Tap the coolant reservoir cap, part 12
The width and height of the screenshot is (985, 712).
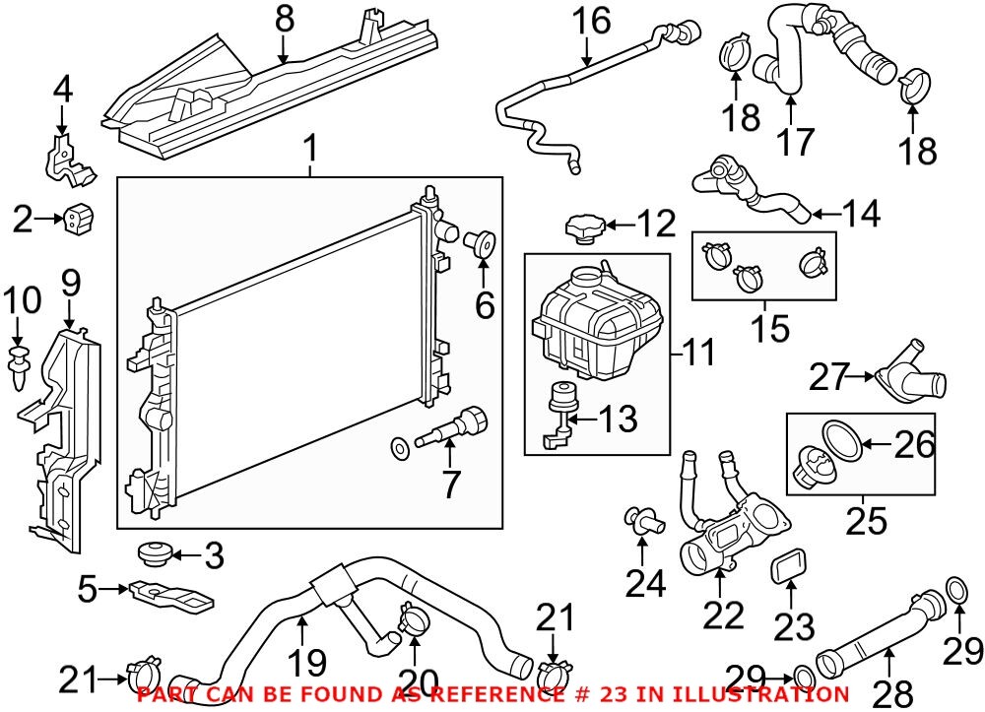click(585, 229)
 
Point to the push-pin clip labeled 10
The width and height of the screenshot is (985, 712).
click(20, 364)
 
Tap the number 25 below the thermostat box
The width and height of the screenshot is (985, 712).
click(866, 521)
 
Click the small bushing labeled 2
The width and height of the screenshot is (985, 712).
click(77, 217)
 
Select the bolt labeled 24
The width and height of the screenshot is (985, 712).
click(643, 520)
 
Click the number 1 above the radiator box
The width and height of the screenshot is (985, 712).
click(310, 149)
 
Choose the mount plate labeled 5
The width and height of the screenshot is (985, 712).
click(171, 597)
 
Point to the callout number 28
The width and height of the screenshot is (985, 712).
click(894, 693)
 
